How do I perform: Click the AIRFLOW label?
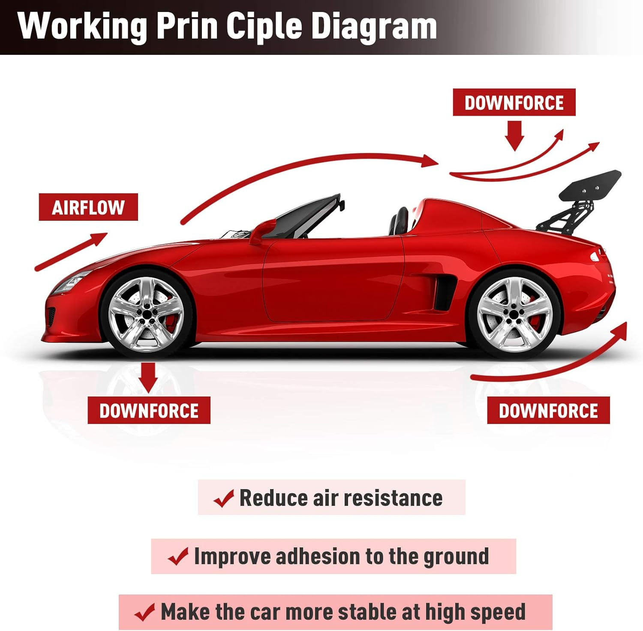[x=88, y=207]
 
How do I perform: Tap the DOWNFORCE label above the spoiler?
[x=514, y=102]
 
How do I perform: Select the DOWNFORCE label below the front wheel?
[x=149, y=411]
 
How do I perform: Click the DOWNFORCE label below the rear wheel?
[x=548, y=411]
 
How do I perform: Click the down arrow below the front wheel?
[x=148, y=377]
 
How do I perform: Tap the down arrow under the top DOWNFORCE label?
[x=514, y=135]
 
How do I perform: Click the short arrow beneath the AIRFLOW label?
[x=71, y=252]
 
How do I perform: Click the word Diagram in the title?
[x=373, y=27]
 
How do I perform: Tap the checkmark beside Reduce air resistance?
[x=224, y=498]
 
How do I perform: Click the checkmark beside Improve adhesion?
[x=178, y=557]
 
